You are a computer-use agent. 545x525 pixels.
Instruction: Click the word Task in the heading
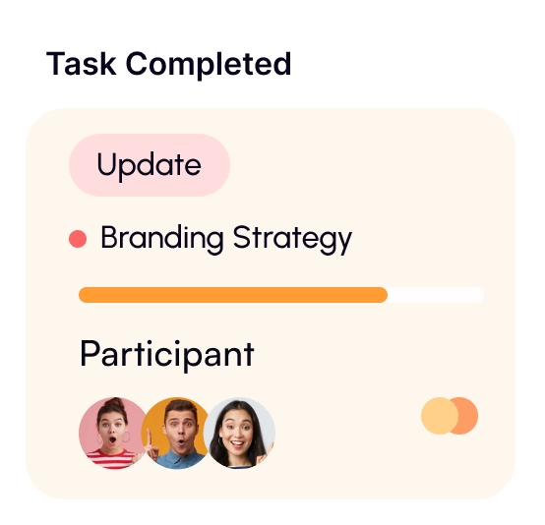point(83,64)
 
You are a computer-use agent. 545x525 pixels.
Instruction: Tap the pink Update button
point(149,165)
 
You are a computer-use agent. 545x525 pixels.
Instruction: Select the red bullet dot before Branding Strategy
point(78,239)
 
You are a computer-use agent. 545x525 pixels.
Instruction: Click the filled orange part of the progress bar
point(232,295)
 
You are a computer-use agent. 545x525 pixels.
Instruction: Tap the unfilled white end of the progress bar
point(436,295)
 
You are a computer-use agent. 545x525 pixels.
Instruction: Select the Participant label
point(166,354)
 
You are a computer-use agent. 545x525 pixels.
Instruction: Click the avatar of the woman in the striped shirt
point(110,433)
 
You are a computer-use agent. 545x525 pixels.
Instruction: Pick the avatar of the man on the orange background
point(177,433)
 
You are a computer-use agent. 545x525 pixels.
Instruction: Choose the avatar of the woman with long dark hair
point(240,433)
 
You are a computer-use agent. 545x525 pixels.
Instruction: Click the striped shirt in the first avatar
point(108,458)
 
